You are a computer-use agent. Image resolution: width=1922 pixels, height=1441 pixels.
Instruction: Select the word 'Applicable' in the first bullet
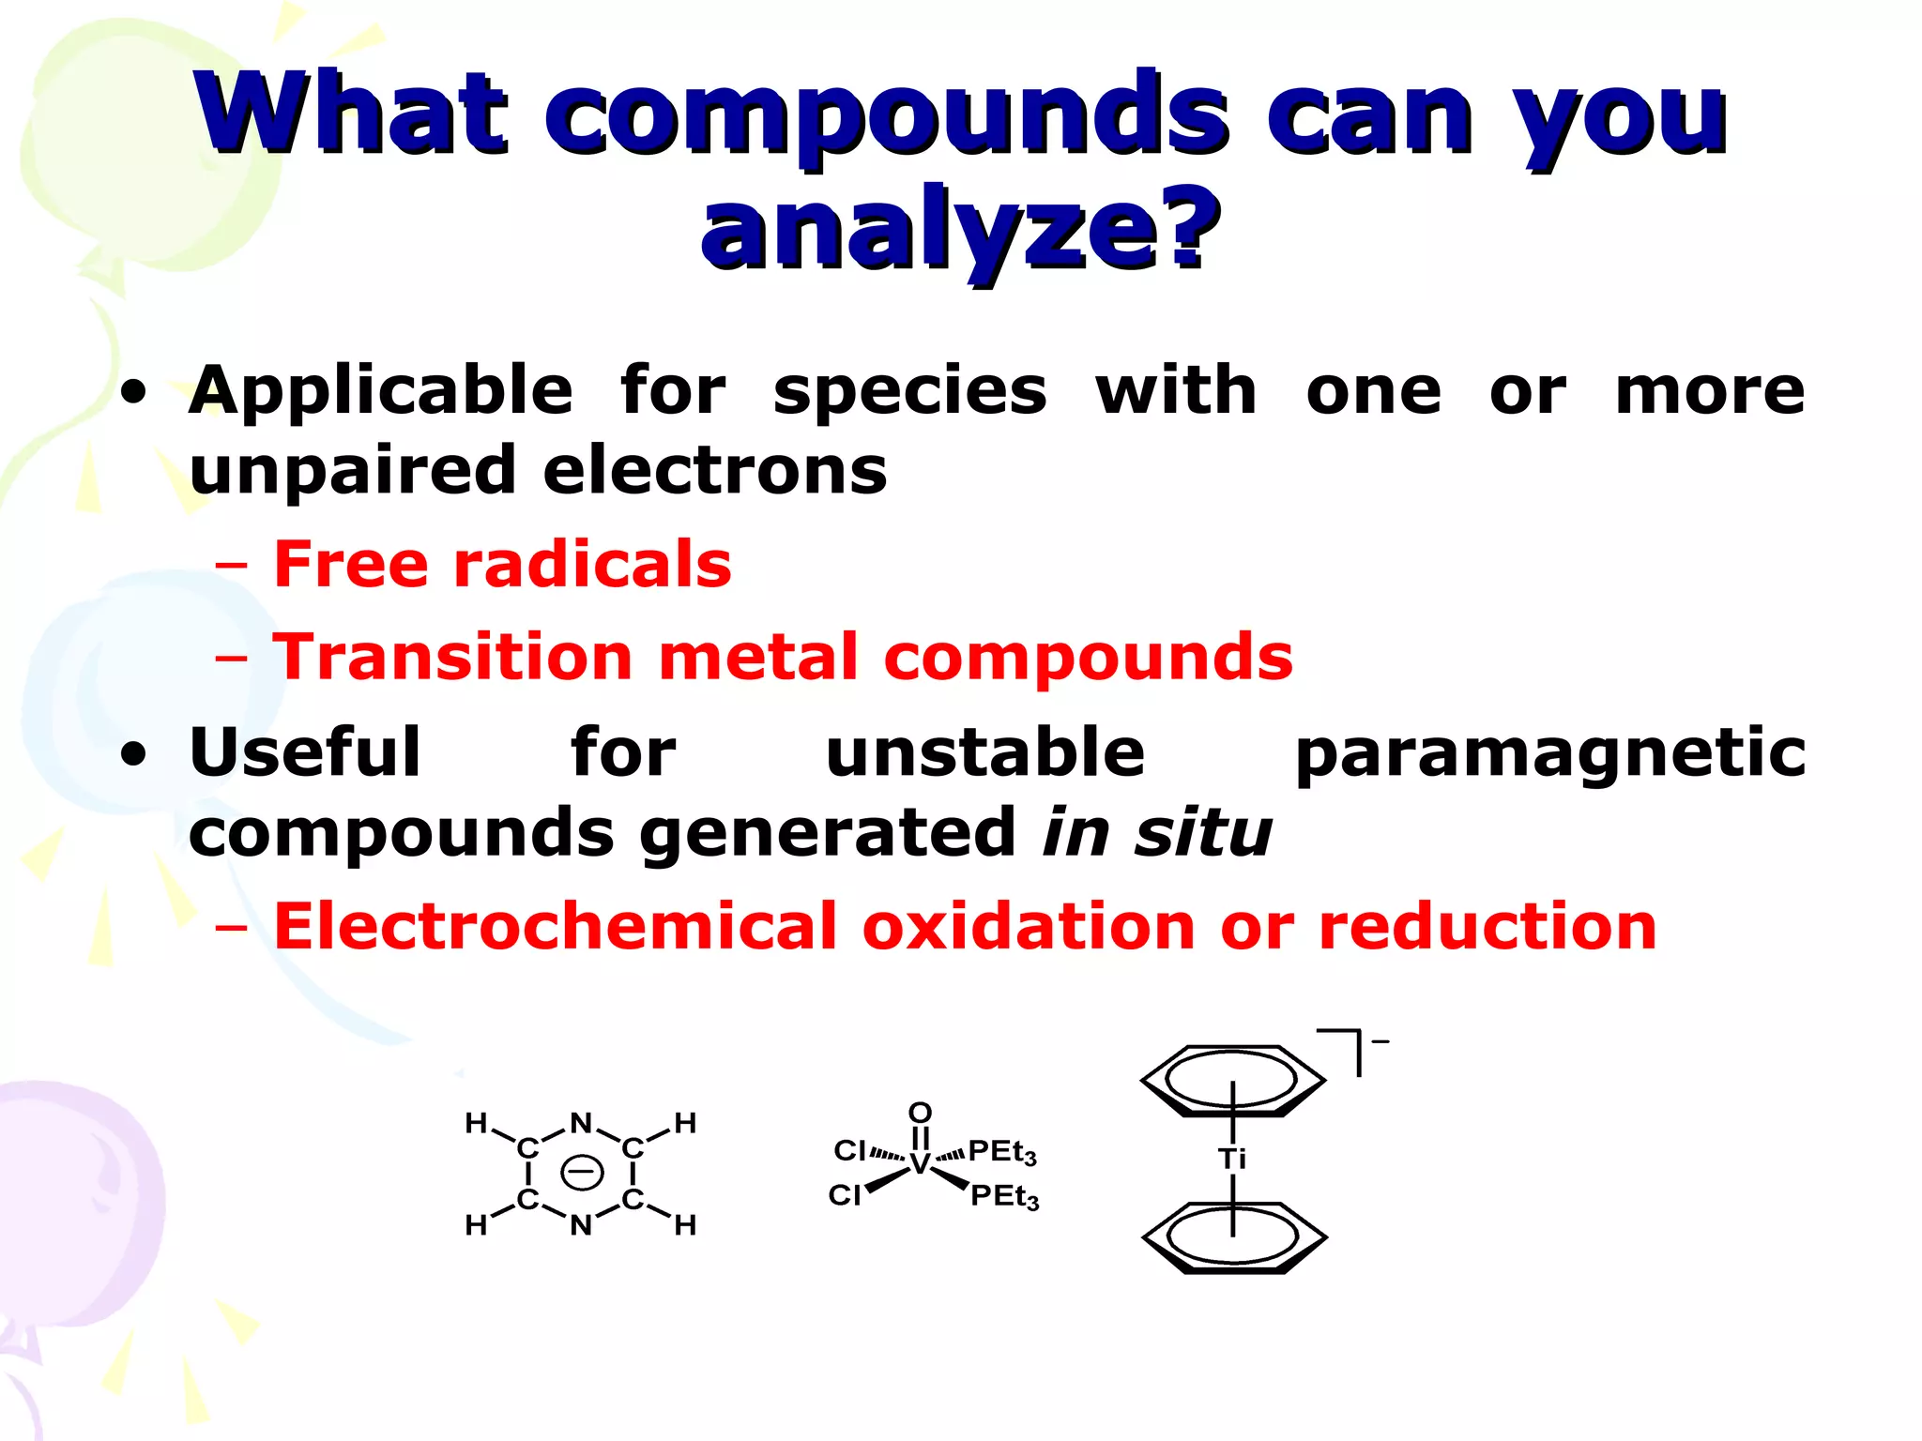pos(380,390)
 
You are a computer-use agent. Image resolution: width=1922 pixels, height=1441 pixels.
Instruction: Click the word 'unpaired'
pos(352,471)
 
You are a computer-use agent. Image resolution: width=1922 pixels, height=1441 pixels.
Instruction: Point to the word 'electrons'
pos(714,471)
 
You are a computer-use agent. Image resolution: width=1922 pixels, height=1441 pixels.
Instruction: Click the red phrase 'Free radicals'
pos(502,565)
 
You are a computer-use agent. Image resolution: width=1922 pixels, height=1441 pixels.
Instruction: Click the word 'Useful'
pos(305,752)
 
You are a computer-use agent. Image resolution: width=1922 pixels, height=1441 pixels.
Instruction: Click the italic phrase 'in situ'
pos(1156,832)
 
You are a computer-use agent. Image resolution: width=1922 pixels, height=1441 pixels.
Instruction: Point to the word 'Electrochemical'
pos(554,927)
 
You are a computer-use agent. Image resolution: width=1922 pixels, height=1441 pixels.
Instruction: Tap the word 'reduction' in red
pos(1487,927)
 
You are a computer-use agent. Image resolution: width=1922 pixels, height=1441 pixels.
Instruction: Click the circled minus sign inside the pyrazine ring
pos(581,1173)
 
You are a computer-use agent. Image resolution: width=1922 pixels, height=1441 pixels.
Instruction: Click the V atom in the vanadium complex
pos(920,1164)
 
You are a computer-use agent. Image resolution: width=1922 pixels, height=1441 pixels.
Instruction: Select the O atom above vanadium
pos(920,1113)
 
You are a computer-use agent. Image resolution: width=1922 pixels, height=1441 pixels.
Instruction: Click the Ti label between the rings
pos(1232,1159)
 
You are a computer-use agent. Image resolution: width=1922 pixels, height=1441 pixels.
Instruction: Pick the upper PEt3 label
pos(1001,1151)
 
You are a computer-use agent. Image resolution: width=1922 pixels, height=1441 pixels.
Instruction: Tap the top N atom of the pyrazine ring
pos(581,1123)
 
